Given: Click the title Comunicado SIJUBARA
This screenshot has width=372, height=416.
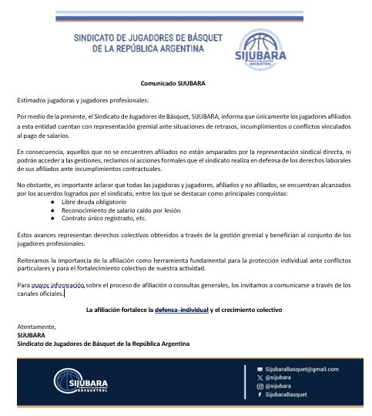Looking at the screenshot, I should (173, 82).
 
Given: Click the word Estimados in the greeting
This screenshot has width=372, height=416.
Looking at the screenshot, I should (32, 99).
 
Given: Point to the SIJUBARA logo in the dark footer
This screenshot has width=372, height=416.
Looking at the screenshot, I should (80, 381).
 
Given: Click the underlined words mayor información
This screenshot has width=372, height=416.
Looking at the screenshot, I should (54, 284).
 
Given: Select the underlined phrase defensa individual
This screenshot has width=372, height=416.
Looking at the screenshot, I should (182, 310).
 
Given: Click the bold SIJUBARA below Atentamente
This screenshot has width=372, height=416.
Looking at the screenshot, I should (31, 335).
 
